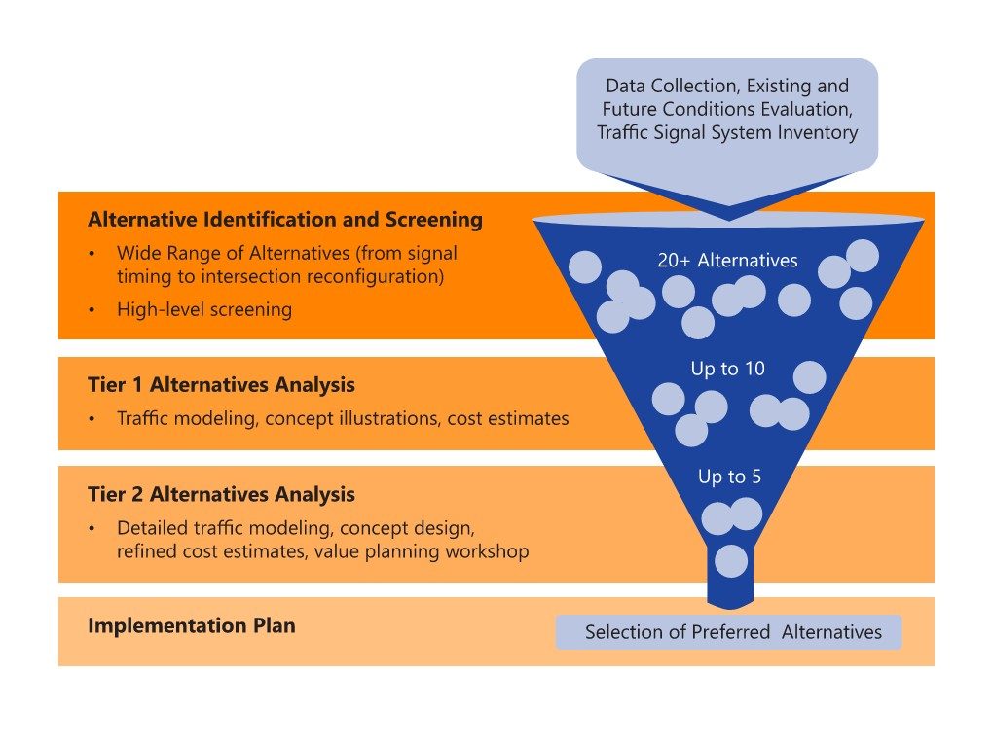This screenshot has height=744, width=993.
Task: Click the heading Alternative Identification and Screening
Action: coord(284,220)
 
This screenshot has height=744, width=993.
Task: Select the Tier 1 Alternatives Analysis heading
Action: coord(221,385)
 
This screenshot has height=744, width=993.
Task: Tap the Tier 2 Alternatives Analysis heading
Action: coord(221,494)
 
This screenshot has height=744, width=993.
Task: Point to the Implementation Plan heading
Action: coord(191,625)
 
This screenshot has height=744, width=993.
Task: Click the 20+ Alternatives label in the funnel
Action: coord(727,261)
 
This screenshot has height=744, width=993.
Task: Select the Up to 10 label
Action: coord(727,369)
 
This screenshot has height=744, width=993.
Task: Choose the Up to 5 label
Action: coord(728,477)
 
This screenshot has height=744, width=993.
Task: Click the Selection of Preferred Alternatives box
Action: coord(728,632)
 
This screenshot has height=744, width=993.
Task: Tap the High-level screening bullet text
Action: coord(204,310)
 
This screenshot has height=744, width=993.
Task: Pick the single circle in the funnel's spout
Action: coord(731,561)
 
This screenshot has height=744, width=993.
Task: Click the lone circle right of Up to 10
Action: coord(809,377)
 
